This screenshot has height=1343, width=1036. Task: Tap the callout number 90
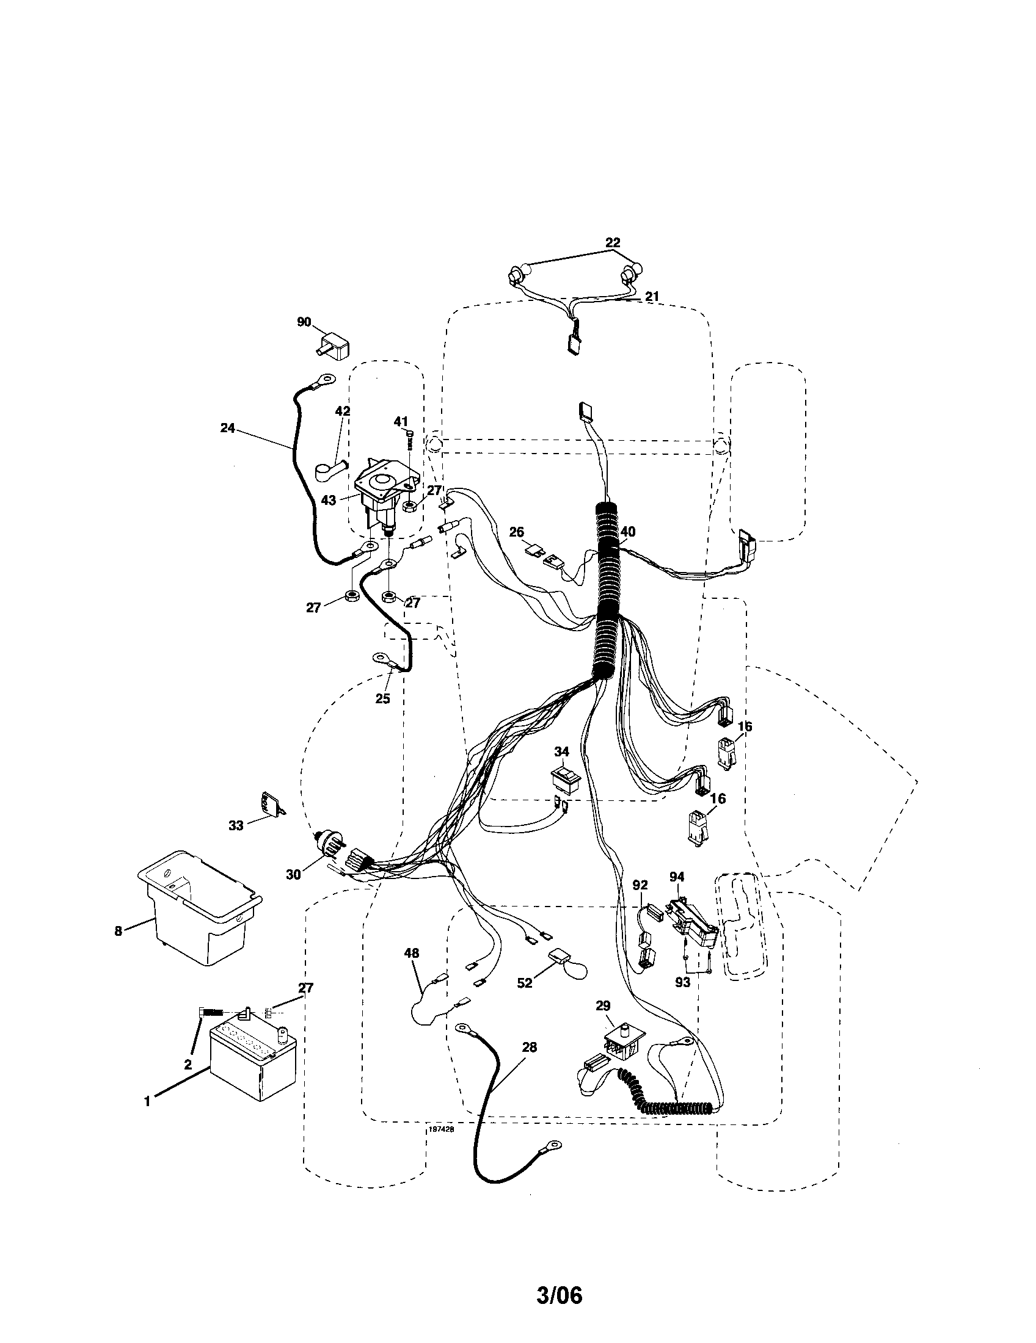click(304, 322)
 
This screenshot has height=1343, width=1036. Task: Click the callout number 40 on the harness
click(628, 531)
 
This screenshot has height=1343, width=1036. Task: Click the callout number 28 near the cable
click(529, 1046)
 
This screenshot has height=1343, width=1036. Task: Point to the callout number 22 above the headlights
click(613, 242)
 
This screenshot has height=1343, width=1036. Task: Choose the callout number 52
click(524, 983)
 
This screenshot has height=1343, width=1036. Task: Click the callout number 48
click(411, 953)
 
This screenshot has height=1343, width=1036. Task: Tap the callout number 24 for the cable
click(228, 428)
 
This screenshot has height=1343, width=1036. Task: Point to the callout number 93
click(682, 982)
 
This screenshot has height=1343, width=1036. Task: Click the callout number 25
click(382, 699)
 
